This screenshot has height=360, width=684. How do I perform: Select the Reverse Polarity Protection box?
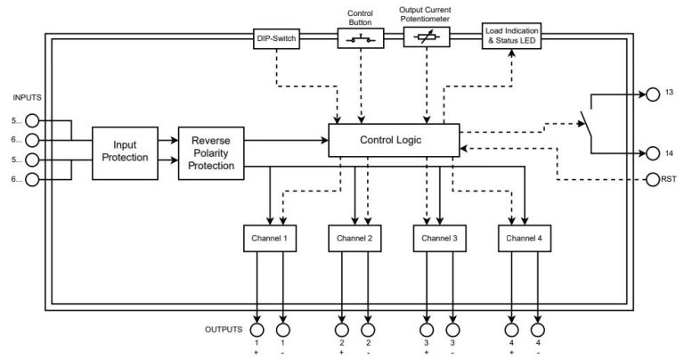coord(211,152)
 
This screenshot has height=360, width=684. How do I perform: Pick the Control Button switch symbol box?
coord(361,37)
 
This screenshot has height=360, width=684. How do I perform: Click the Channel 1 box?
coord(270,239)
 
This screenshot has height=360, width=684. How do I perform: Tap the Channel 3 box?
coord(440,239)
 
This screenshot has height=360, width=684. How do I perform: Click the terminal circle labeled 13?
coord(654,93)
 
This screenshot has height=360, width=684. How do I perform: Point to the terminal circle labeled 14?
coord(654,152)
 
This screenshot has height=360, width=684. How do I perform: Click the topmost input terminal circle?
coord(32,119)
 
